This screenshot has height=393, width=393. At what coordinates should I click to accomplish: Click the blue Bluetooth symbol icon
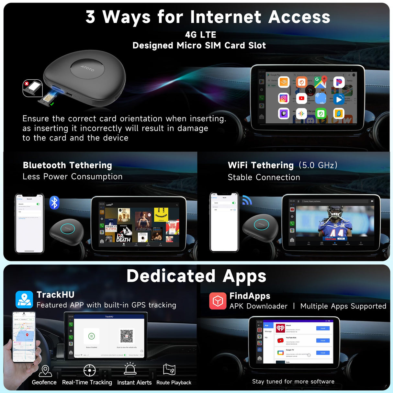pyautogui.click(x=54, y=203)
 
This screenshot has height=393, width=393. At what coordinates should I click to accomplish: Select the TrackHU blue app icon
pyautogui.click(x=24, y=299)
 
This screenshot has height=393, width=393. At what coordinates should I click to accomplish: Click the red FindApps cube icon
pyautogui.click(x=218, y=301)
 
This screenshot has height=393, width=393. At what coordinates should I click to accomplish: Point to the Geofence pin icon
pyautogui.click(x=45, y=371)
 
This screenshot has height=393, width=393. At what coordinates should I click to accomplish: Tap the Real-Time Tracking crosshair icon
pyautogui.click(x=89, y=371)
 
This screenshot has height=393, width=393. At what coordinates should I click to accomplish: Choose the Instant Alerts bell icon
pyautogui.click(x=130, y=369)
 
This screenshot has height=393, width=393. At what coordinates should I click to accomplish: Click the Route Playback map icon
pyautogui.click(x=169, y=370)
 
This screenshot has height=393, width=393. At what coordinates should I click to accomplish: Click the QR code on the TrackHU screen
pyautogui.click(x=127, y=336)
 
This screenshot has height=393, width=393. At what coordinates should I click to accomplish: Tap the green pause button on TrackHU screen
pyautogui.click(x=92, y=336)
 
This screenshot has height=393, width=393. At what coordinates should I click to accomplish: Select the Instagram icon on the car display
pyautogui.click(x=284, y=98)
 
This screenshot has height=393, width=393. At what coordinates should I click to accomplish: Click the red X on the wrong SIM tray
pyautogui.click(x=27, y=84)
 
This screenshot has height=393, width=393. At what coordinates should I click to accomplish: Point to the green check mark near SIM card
pyautogui.click(x=52, y=104)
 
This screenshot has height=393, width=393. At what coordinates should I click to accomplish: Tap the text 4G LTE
pyautogui.click(x=200, y=35)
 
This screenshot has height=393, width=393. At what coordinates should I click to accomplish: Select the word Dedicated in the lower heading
pyautogui.click(x=171, y=276)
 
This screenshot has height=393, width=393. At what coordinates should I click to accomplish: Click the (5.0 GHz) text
pyautogui.click(x=318, y=165)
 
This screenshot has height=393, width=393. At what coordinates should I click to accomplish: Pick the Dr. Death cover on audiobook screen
pyautogui.click(x=123, y=236)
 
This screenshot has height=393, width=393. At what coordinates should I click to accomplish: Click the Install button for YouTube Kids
pyautogui.click(x=323, y=341)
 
